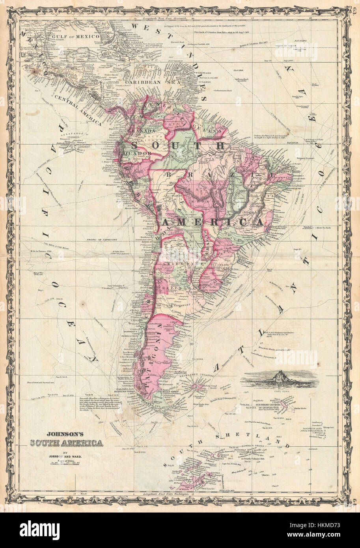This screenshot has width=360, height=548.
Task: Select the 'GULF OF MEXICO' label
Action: coord(82,36)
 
